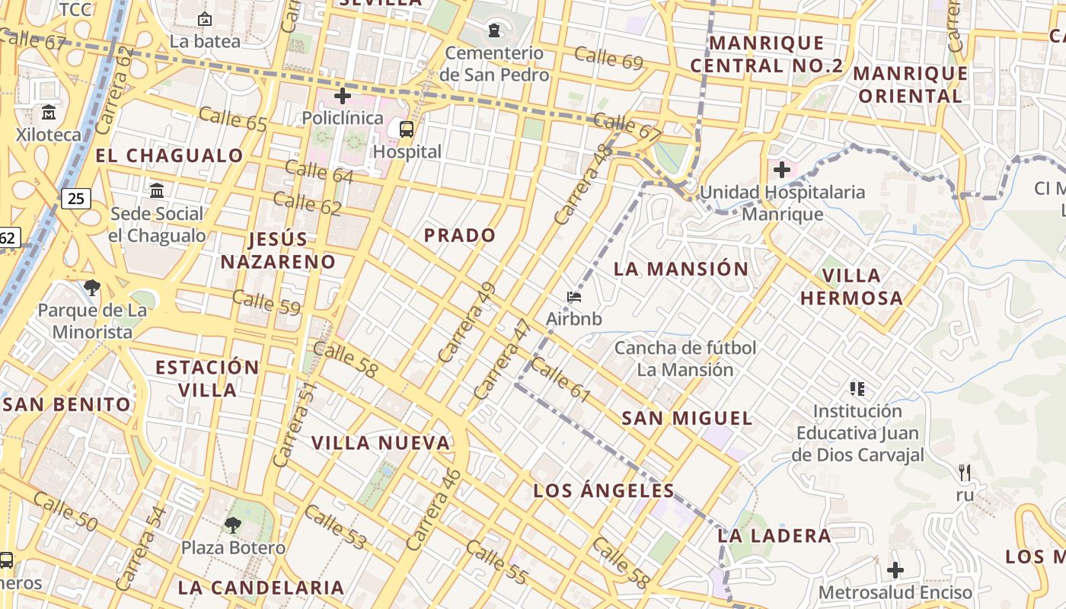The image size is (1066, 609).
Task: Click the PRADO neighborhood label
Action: pos(459,235)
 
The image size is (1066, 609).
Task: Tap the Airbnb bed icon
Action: pos(574,297)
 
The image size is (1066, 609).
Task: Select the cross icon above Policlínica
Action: pos(343,96)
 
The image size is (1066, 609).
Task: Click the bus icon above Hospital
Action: pos(407,129)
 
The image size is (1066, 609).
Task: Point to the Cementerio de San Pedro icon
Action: pos(495,30)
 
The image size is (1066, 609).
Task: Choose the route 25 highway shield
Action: pos(75,199)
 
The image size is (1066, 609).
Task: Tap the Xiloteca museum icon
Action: pos(49,113)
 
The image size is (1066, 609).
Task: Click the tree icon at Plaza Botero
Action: pos(232,525)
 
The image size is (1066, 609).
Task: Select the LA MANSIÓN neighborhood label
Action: pos(681,269)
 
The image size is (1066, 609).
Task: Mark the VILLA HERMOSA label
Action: pos(851,286)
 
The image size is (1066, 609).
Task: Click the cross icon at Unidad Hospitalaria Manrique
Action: pos(781,170)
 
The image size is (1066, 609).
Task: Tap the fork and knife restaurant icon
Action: pos(965,473)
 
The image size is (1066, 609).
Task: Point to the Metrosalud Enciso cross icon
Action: pos(895,569)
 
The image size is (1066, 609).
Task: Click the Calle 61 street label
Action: pos(560,380)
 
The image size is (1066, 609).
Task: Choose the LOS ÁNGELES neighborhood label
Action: pos(604,490)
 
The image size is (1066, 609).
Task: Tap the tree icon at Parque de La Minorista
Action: pos(92,288)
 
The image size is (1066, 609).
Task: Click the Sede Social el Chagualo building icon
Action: pos(157,190)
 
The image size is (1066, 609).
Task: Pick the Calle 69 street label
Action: pos(608,58)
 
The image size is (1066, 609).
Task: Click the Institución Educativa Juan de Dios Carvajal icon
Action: pos(857,389)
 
